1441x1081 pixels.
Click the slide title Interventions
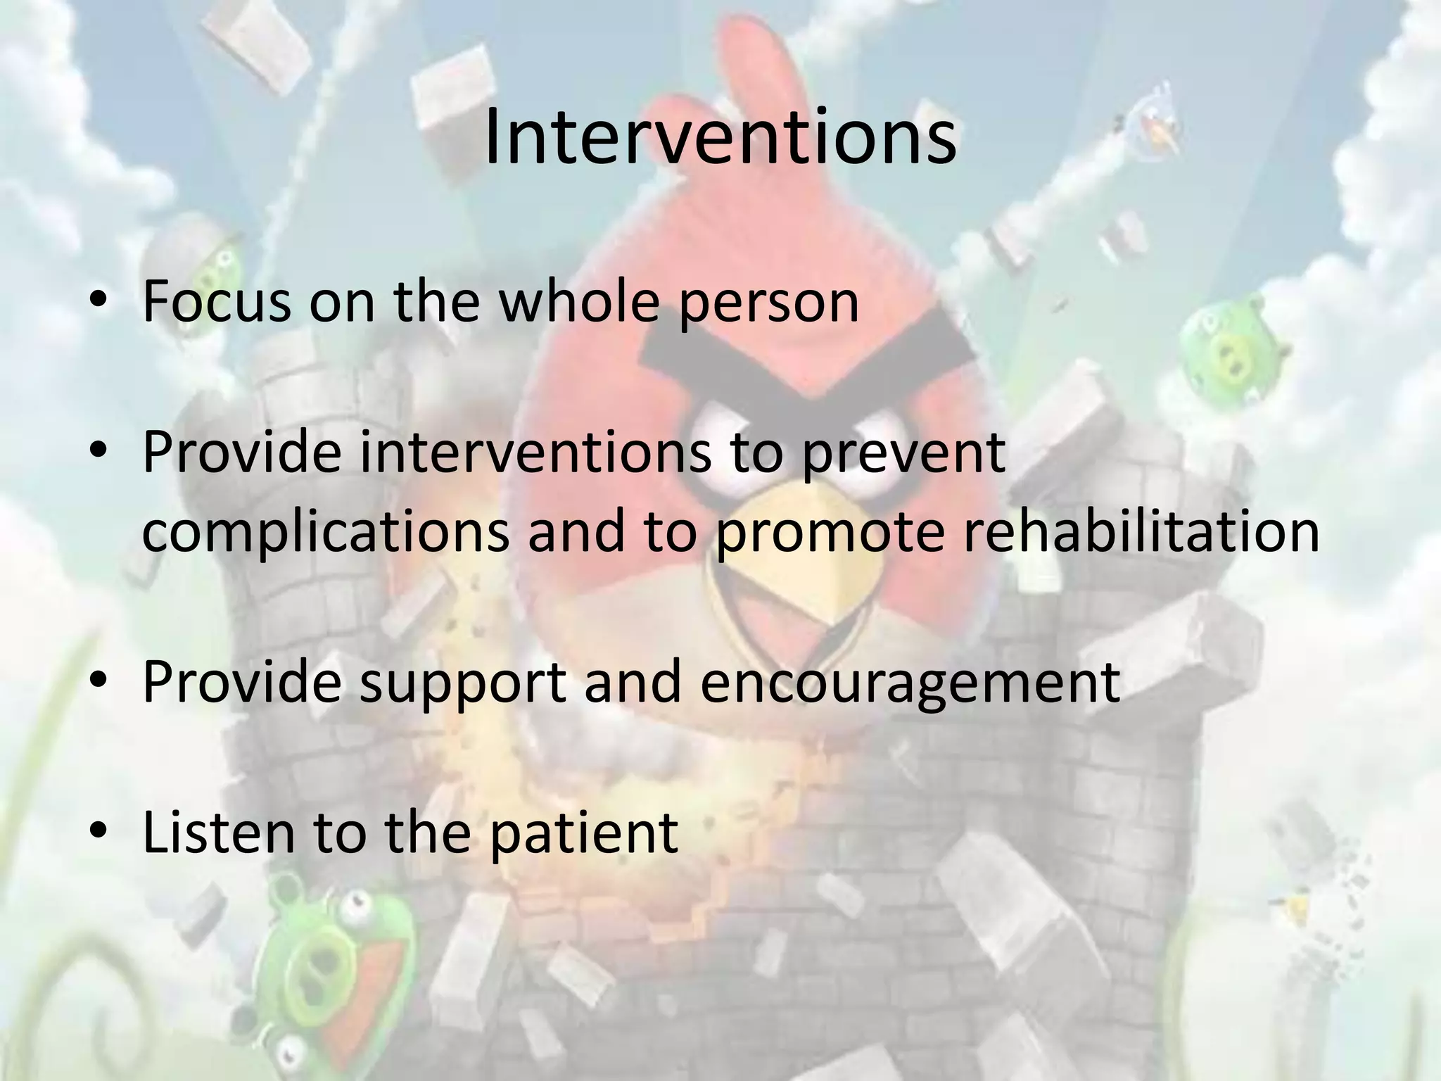coord(720,137)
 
